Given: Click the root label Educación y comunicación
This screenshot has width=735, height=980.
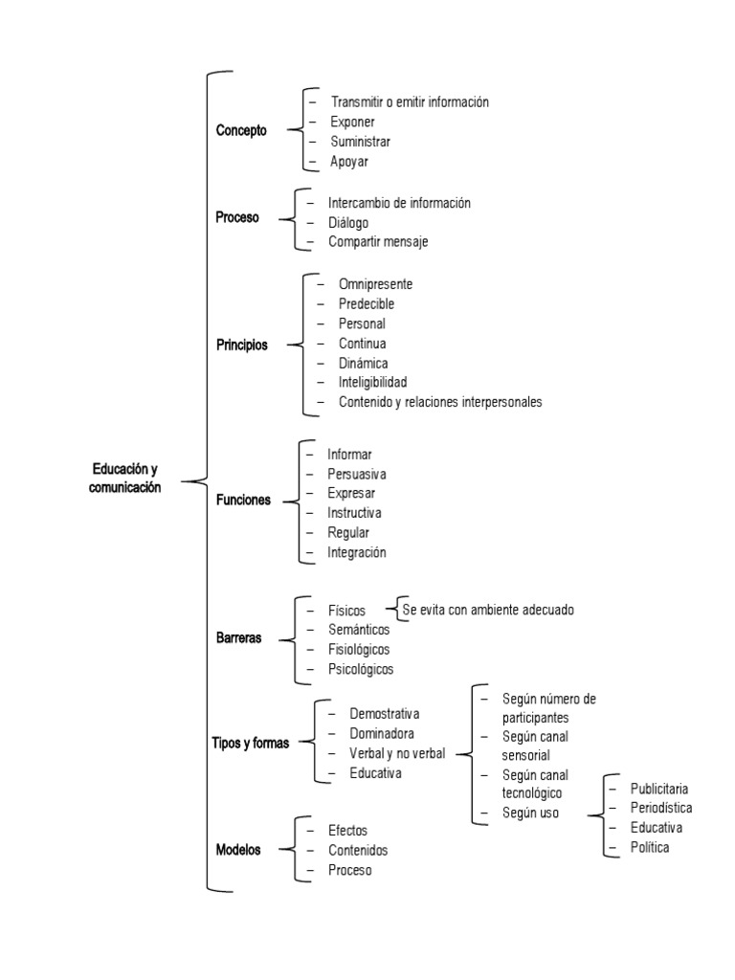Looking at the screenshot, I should (x=125, y=478).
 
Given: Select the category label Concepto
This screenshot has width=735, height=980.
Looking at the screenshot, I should (x=241, y=131).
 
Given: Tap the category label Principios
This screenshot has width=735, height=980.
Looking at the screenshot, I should (x=242, y=345).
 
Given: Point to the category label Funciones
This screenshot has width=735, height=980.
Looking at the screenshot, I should (x=243, y=500).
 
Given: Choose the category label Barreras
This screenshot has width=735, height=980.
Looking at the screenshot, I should (x=239, y=638).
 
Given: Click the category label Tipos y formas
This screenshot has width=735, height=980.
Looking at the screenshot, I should (x=250, y=743).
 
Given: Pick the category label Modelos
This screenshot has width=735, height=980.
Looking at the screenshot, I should (x=238, y=849).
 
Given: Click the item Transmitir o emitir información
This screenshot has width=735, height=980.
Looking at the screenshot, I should (x=410, y=101).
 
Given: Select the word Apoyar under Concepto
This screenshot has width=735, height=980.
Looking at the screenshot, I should (x=349, y=162).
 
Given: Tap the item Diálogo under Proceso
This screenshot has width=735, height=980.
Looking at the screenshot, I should (x=348, y=222).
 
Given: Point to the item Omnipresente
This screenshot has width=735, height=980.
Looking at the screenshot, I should (x=375, y=284).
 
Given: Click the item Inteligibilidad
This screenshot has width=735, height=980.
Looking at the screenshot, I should (x=379, y=382).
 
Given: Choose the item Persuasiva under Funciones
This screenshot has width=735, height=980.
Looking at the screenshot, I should (x=357, y=474).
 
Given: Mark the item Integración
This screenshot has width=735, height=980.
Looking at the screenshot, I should (x=357, y=552).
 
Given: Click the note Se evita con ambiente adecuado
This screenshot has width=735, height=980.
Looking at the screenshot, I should (x=488, y=609).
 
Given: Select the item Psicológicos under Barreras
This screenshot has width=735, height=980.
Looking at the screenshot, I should (x=361, y=669).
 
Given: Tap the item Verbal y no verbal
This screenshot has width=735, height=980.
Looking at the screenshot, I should (x=397, y=753).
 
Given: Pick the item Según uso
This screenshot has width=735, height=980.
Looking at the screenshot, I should (x=530, y=813).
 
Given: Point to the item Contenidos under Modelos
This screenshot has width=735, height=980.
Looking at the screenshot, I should (x=358, y=850).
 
